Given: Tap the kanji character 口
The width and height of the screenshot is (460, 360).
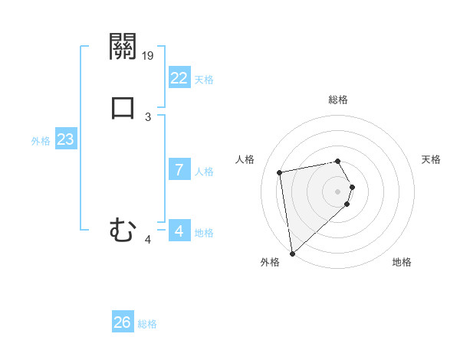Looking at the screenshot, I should tap(123, 106).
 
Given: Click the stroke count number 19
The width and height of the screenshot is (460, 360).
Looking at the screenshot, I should tap(149, 55).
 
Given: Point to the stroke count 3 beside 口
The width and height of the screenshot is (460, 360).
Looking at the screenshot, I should tap(148, 117).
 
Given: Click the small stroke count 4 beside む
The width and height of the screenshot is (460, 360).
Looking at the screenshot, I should tap(148, 240).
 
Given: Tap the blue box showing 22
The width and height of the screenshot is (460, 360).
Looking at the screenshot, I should tap(179, 78).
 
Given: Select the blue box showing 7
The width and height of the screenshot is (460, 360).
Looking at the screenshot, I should tap(179, 170).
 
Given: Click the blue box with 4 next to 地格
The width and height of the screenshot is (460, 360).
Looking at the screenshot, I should tap(179, 231).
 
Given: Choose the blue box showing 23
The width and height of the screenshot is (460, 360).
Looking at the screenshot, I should tap(65, 140).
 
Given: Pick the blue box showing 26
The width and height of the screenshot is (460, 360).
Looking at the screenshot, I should tap(122, 322).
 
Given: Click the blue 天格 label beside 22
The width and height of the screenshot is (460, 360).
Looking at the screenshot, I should tap(204, 80).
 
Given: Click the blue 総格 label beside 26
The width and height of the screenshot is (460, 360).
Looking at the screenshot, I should tap(147, 324).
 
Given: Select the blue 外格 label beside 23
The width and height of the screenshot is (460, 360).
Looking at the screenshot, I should tap(41, 141).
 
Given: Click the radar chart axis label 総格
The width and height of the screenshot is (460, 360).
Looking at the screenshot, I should tap(337, 100).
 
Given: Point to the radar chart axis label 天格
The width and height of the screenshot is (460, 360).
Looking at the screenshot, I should tap(431, 159).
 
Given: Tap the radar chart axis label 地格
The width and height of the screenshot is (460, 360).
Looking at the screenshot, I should tap(402, 262).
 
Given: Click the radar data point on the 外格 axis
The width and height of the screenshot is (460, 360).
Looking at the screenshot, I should tap(291, 253).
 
